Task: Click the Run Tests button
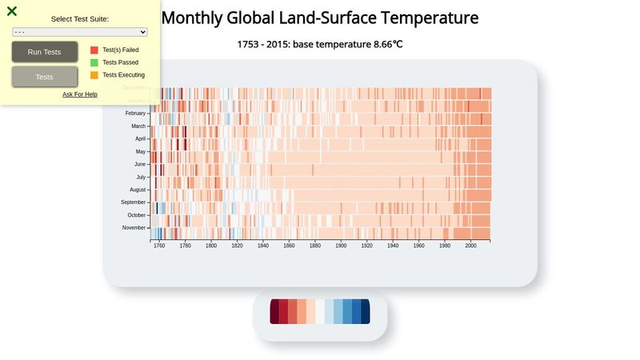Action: [45, 52]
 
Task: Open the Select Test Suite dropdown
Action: [80, 32]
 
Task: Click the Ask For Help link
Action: [80, 94]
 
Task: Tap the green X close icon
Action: [12, 11]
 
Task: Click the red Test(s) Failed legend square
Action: [94, 50]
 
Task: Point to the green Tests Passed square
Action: [94, 62]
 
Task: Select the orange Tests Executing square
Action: [94, 75]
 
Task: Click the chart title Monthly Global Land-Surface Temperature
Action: [320, 18]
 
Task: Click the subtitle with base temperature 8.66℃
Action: [320, 44]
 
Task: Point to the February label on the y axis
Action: [135, 114]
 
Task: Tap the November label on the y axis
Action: [134, 228]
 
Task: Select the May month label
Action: [141, 151]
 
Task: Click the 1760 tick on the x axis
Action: [159, 246]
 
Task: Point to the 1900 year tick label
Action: [341, 246]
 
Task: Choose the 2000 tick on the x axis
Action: [470, 246]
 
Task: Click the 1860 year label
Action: [289, 246]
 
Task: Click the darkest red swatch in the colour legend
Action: [274, 311]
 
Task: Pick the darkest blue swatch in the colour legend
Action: [366, 311]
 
